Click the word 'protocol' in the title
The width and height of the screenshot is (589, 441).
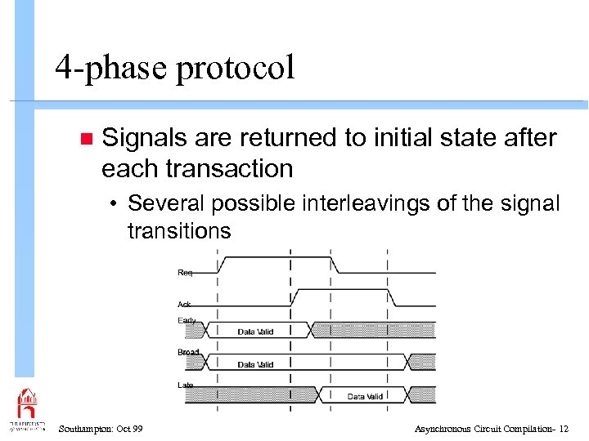[x=234, y=69]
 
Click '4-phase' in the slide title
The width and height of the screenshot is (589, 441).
[x=111, y=69]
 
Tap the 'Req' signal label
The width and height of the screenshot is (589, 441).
[x=186, y=272]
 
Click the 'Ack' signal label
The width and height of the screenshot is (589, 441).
[x=185, y=305]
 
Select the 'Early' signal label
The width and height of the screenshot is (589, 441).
[x=187, y=320]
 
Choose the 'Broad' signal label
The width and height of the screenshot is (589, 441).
[x=188, y=352]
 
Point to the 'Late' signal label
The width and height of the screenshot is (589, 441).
[x=186, y=385]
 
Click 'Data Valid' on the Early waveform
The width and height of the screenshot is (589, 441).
[x=256, y=332]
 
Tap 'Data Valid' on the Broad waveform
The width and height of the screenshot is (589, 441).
[x=255, y=364]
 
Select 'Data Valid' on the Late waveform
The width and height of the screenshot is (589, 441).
[x=365, y=396]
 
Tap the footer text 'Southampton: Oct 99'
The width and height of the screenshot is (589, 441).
[x=101, y=429]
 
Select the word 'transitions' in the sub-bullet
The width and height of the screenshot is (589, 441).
[x=179, y=231]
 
